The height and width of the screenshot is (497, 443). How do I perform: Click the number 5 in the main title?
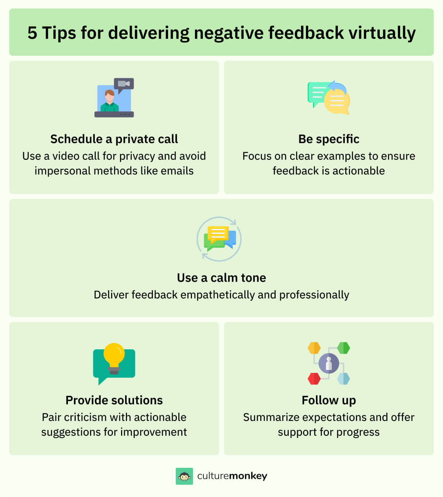coord(32,33)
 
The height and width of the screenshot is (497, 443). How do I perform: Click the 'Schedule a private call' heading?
coord(114,139)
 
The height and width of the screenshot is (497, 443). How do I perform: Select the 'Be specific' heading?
coord(329,139)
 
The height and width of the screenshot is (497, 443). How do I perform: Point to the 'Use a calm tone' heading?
coord(221,278)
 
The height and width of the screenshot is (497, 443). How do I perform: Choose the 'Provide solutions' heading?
coord(114,400)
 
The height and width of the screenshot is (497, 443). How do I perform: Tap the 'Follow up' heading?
coord(329,400)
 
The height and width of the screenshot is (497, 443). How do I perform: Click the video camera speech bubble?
coord(124,85)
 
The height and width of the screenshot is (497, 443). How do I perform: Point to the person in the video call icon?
coord(110,101)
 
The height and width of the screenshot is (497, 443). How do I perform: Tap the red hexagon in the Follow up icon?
coord(314,378)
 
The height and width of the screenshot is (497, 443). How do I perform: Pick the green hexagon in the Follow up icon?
coord(343,348)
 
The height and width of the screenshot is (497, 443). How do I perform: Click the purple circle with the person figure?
coord(329,363)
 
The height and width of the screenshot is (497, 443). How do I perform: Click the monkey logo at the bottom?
coord(184,476)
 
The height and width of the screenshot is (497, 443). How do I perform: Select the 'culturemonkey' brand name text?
coord(232,476)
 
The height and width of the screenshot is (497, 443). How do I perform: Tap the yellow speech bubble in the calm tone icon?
coord(218,233)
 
